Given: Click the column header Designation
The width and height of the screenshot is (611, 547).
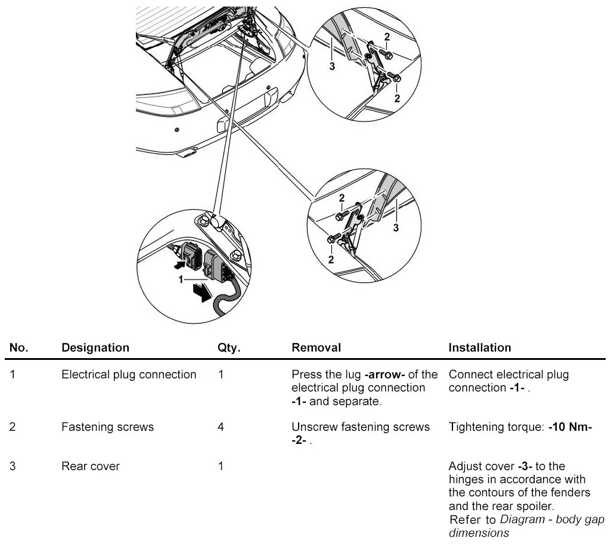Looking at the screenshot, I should (x=95, y=347).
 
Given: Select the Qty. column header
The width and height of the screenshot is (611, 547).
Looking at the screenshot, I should (x=229, y=347).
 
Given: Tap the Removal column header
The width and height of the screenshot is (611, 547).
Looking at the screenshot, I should (x=316, y=347).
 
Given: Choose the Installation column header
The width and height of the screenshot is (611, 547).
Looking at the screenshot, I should (x=479, y=347).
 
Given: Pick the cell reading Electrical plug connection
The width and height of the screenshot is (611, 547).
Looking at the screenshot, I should (x=129, y=375).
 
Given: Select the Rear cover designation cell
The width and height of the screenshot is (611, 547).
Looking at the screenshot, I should (x=91, y=467).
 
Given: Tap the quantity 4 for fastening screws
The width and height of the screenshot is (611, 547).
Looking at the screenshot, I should (x=221, y=427).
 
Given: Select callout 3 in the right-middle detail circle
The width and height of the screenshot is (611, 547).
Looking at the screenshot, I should (x=395, y=227).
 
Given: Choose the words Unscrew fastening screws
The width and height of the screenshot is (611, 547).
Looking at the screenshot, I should (x=360, y=427).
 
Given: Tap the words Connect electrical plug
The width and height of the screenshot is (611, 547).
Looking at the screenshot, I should (x=508, y=375).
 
